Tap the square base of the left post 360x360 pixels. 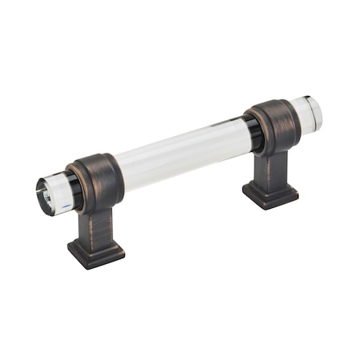95,251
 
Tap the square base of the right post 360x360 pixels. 270,194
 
